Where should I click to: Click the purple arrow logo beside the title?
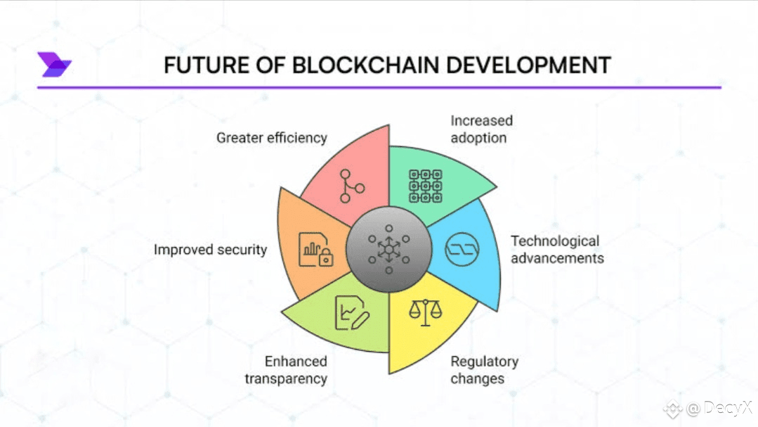coord(54,65)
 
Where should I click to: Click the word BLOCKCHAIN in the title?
coord(365,65)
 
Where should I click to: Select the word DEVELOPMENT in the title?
coord(528,65)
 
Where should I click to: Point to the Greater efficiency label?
coord(272,138)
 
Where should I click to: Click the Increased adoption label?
coord(481,129)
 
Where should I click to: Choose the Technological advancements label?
coord(557,249)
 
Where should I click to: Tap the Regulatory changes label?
coord(485,370)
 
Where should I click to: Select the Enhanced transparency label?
coord(286,370)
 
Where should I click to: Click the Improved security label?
coord(210,250)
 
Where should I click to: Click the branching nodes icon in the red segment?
coord(351,186)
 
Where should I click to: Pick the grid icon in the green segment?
coord(426,186)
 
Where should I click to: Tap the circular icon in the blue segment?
coord(462,250)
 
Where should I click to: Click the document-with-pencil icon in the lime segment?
coord(352,313)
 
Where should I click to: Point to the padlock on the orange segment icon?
coord(326,257)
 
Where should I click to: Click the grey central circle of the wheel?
coord(388,249)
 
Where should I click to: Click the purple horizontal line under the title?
coord(379,88)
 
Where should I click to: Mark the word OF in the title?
coord(270,65)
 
